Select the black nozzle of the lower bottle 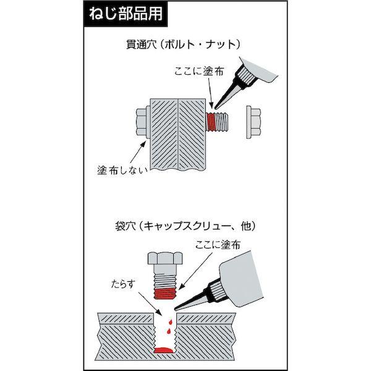click(x=192, y=301)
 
